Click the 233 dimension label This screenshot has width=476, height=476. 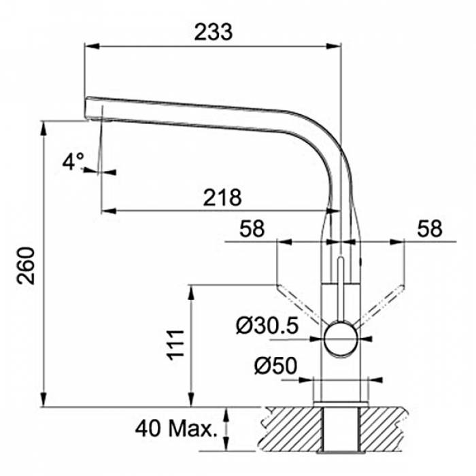214,32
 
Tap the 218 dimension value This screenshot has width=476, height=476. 222,198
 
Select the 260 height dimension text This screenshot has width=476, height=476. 26,266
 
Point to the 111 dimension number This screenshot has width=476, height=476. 175,345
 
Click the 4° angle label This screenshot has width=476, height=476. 73,161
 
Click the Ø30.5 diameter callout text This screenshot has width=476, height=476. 267,326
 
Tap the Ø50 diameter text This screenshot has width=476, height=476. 275,366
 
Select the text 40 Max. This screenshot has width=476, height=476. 176,428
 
